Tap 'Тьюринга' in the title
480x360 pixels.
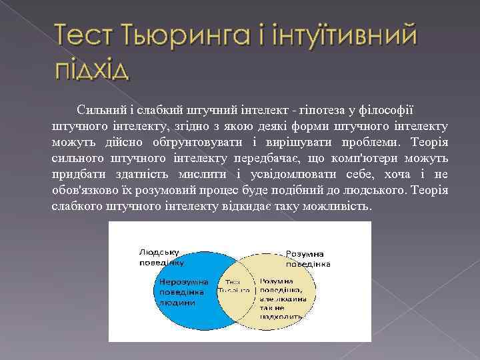(179, 35)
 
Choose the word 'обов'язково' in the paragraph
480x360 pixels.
(87, 191)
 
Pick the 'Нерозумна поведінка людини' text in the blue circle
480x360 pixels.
(183, 291)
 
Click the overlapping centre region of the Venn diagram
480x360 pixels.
(234, 287)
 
